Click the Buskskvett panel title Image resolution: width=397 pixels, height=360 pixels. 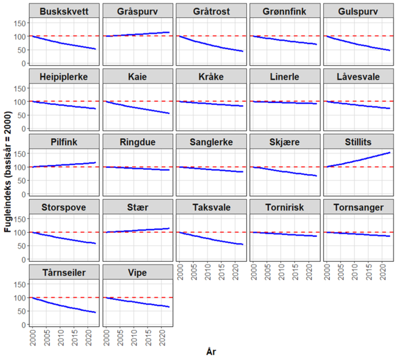[x=63, y=11]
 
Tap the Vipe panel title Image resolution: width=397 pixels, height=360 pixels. [x=136, y=273]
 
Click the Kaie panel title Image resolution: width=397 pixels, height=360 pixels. [x=136, y=77]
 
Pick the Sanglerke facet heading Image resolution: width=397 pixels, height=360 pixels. [x=210, y=142]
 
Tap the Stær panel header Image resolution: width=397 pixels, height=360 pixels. [x=136, y=208]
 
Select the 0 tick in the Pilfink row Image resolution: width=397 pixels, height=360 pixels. [x=23, y=194]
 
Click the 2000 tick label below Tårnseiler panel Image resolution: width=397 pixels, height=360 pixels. [x=32, y=338]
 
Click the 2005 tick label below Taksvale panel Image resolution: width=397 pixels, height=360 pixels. [x=193, y=273]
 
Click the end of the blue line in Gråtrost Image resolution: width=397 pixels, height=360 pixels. [x=243, y=51]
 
